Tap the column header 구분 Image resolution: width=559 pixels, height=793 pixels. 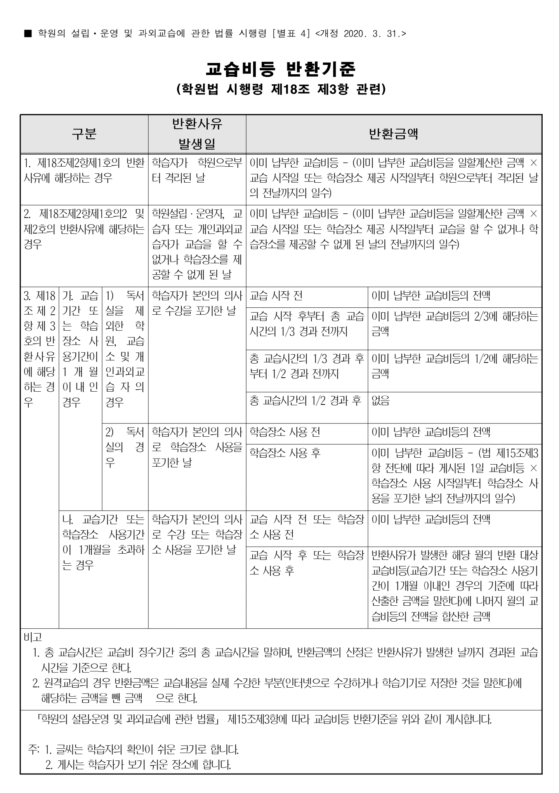coord(84,134)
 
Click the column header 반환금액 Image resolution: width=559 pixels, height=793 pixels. coord(393,134)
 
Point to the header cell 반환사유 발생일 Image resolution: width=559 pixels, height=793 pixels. coord(197,134)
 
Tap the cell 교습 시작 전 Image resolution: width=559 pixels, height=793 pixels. coord(276,296)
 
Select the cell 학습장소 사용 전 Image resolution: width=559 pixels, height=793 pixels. coord(285,432)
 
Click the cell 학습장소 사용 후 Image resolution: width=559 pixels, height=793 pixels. coord(285,453)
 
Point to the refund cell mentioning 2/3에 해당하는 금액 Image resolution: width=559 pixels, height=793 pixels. coord(455,324)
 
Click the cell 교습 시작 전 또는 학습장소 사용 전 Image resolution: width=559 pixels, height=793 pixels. coord(307,527)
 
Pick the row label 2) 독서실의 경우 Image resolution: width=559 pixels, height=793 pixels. coord(125,447)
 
